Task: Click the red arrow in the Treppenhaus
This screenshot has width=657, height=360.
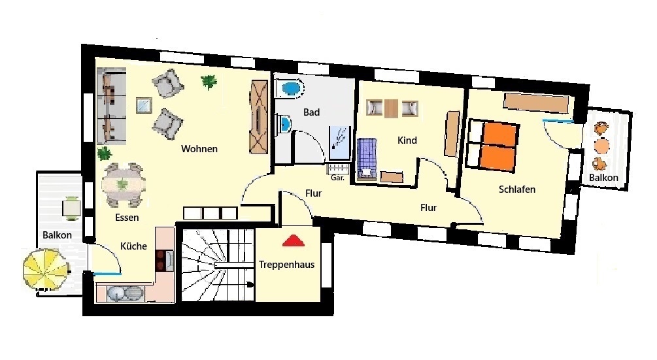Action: [294, 240]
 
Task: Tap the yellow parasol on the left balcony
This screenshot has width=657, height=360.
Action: [45, 269]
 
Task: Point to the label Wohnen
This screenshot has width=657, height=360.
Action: [199, 148]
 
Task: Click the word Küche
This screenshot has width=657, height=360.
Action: [133, 246]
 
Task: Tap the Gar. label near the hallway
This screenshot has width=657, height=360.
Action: [337, 178]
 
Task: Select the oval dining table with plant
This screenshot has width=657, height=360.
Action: [123, 185]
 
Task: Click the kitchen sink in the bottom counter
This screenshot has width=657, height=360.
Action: [126, 293]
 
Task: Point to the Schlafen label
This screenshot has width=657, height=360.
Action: [516, 189]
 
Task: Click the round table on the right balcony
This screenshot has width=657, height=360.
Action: [602, 146]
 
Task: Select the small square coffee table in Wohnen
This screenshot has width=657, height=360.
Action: [144, 105]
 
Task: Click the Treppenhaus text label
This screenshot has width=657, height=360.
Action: [286, 265]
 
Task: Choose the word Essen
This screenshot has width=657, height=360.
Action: [127, 218]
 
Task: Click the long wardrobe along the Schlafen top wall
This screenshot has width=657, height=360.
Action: [536, 103]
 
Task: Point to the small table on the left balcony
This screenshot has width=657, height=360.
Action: [72, 208]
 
